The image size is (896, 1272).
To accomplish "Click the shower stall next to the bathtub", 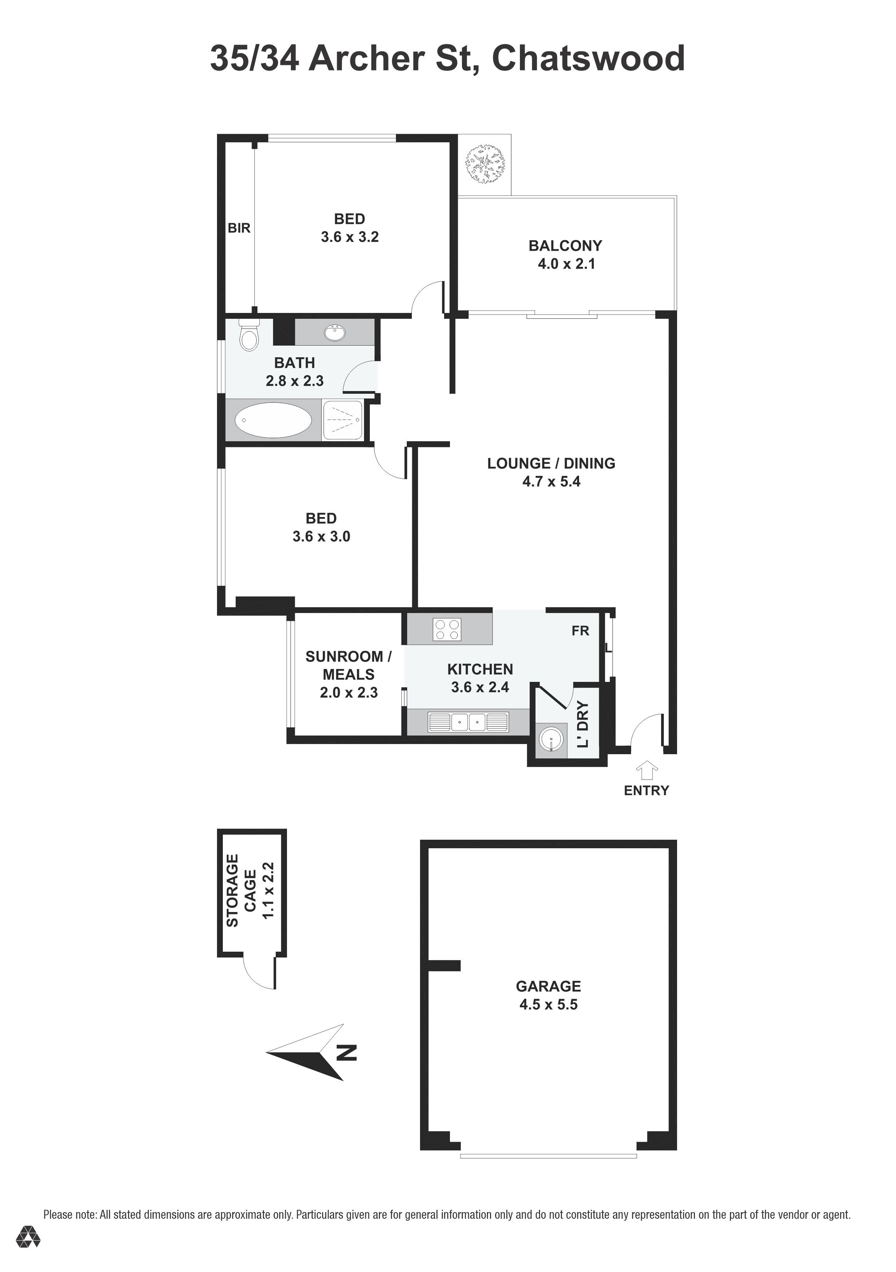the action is pos(343,420).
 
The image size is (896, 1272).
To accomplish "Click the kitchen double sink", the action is pos(468,722).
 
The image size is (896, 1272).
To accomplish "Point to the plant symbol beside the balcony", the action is pos(485,164).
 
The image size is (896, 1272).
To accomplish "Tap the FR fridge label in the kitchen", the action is pos(580,631).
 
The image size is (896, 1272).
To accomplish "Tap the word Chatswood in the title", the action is pos(588,58).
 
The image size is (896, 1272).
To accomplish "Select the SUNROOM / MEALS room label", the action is pos(348,666).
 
